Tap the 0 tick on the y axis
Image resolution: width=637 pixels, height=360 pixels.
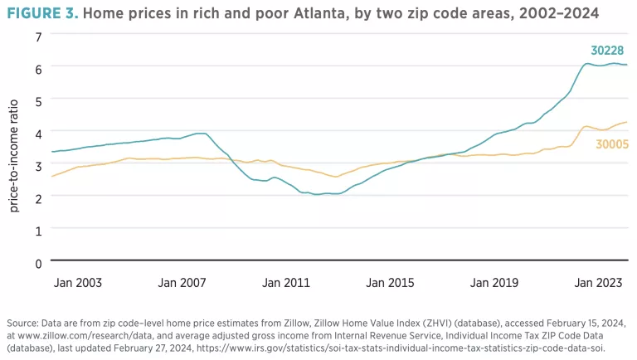coord(38,263)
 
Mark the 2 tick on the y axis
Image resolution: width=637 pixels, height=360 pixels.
coord(38,198)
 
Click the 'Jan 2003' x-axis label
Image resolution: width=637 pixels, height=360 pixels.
coord(78,283)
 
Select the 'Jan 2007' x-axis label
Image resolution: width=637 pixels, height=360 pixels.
coord(182,283)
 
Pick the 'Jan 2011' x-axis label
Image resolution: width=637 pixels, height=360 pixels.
coord(286,283)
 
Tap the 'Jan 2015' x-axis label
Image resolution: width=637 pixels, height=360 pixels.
coord(390,283)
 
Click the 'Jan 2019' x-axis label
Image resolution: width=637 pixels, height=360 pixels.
coord(494,283)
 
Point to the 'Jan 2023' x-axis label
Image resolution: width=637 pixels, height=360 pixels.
coord(599,283)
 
